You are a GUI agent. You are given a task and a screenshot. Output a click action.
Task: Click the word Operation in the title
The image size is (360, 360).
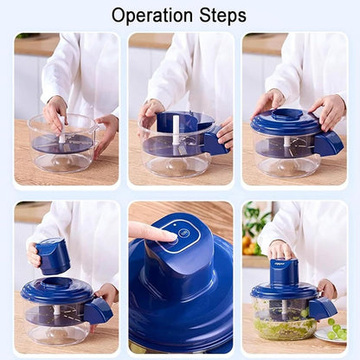[153, 16]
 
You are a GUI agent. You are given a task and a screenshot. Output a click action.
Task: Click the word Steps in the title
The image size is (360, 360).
[222, 16]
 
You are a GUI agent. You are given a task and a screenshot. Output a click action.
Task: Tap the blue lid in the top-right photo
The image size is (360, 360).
[286, 122]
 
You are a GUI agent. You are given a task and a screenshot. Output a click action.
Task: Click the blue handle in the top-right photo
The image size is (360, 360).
[329, 144]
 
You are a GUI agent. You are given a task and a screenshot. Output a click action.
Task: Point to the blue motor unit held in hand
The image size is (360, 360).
[54, 256]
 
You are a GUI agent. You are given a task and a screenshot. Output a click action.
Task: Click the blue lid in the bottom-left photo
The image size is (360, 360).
[55, 290]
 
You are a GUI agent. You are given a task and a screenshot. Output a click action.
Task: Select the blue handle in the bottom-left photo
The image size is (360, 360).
[98, 310]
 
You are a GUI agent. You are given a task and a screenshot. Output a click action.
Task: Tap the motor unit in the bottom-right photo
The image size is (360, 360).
[284, 272]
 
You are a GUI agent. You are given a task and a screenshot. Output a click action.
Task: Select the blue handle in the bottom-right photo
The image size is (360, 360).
[323, 307]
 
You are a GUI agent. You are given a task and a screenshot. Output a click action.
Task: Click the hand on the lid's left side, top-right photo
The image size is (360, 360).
[266, 103]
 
